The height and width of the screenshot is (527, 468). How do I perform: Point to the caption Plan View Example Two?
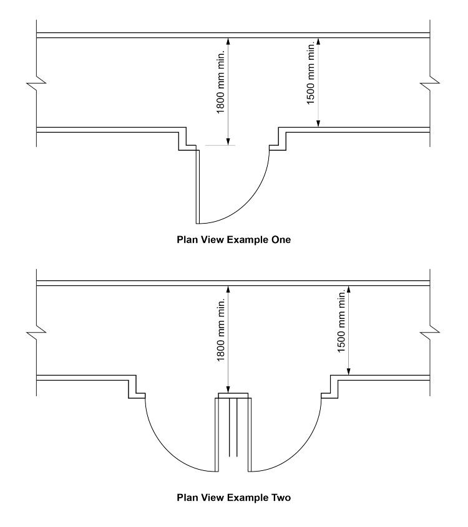coord(233,497)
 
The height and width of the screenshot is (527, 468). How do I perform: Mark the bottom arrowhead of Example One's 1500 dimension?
coord(319,124)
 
